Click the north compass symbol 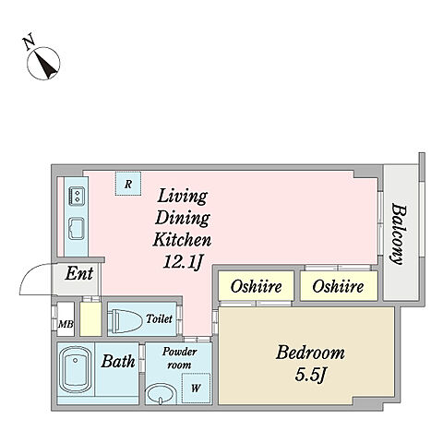(43, 64)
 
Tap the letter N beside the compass (30, 43)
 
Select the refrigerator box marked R (128, 184)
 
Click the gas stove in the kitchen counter (76, 196)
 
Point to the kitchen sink (76, 228)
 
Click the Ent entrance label (79, 273)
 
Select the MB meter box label (66, 324)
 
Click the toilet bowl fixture (126, 319)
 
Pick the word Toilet (159, 318)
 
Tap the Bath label (118, 361)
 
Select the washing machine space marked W (196, 389)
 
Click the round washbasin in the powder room (161, 394)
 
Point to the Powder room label (179, 358)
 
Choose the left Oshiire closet (256, 286)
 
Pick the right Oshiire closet (339, 286)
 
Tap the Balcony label (399, 233)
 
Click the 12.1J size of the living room (183, 262)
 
